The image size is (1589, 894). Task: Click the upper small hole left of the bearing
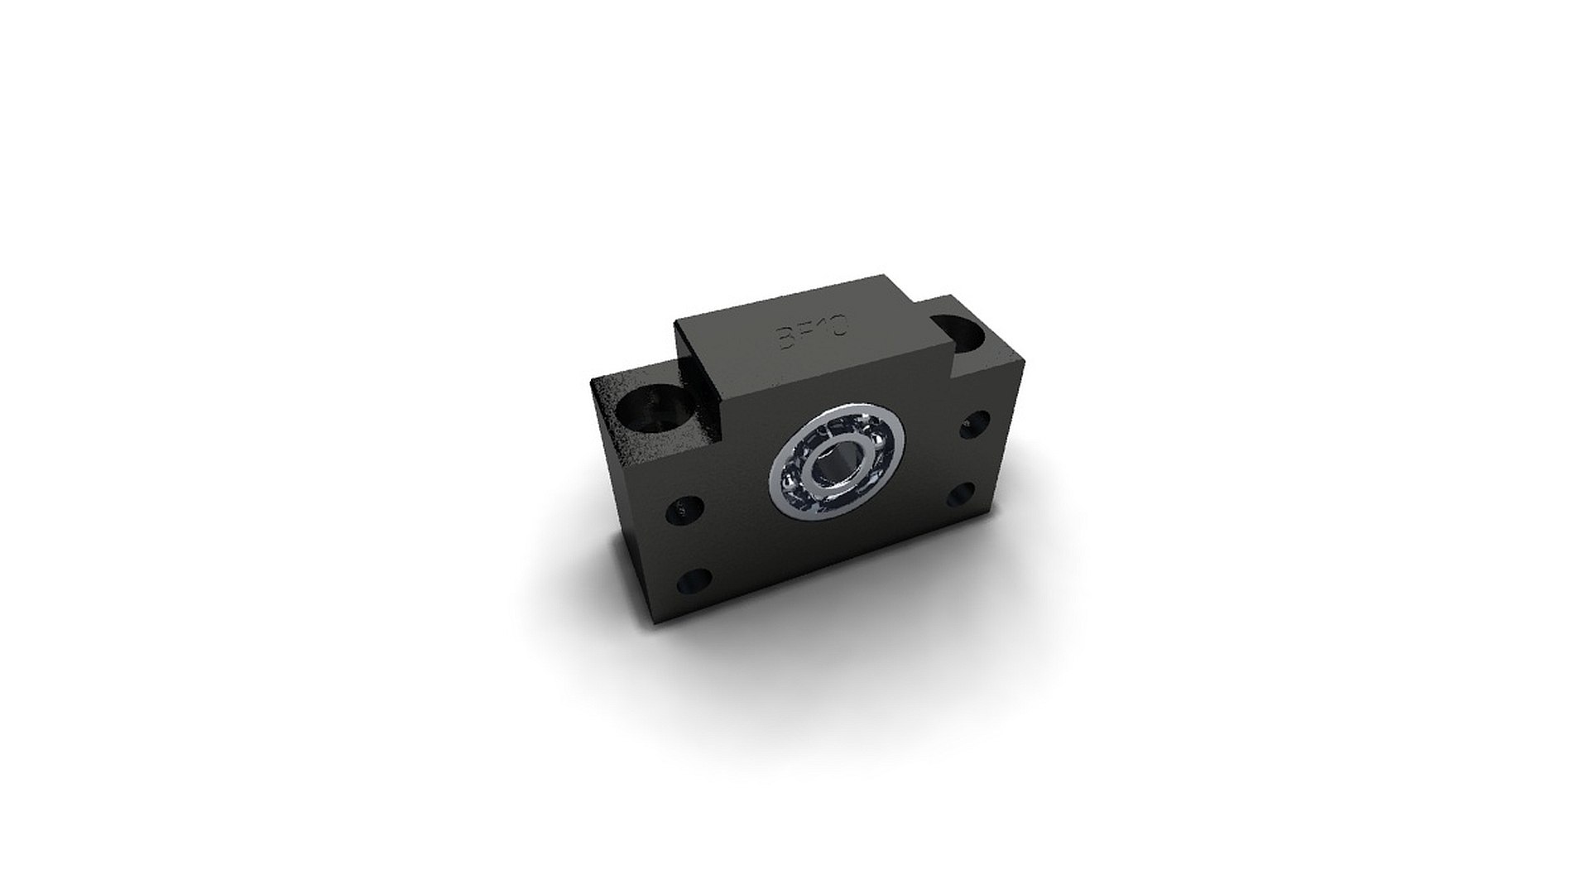[x=686, y=511]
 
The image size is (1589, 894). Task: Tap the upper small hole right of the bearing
[x=974, y=425]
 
